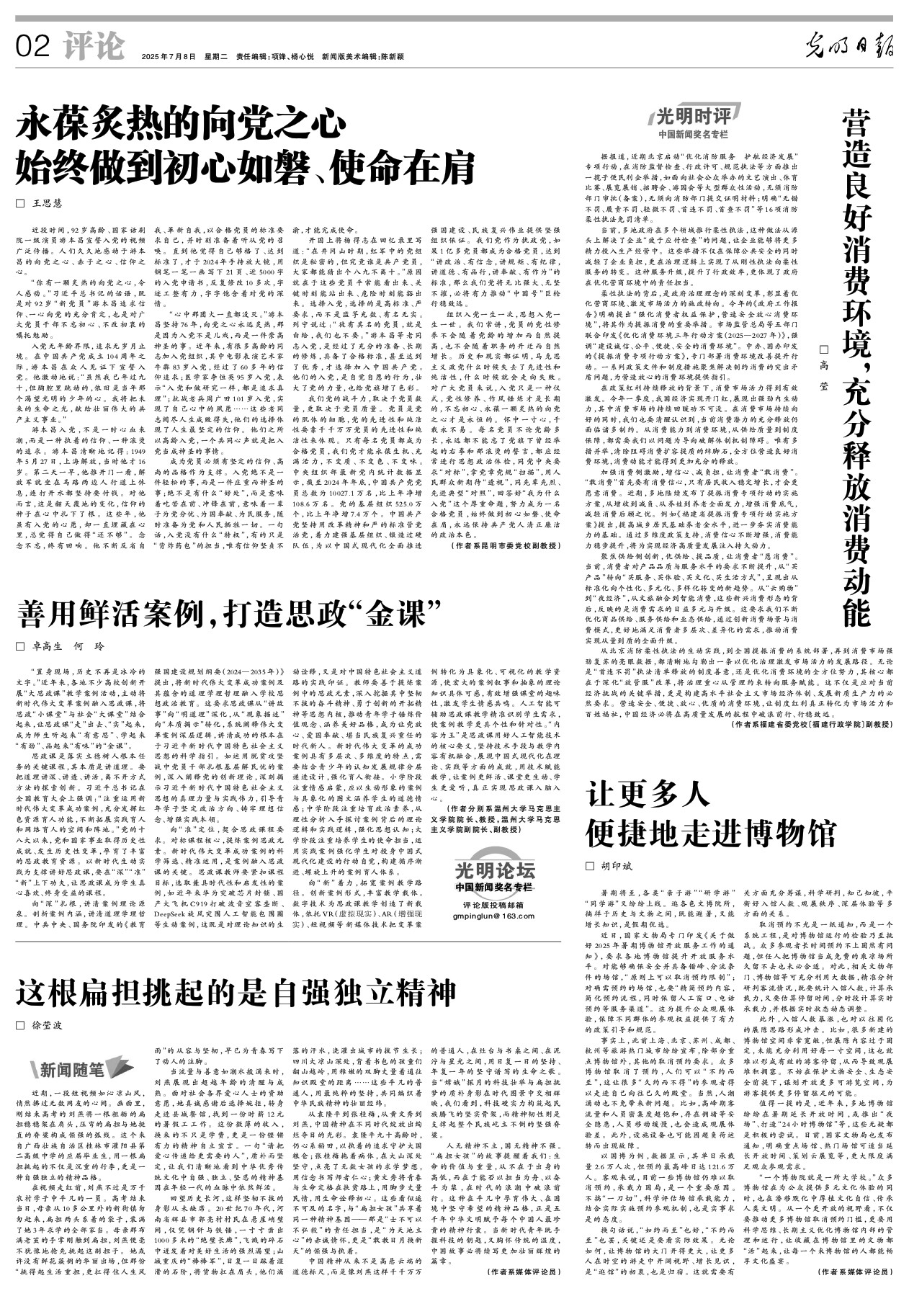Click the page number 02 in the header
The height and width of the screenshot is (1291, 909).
pyautogui.click(x=33, y=48)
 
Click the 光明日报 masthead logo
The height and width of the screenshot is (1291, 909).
pyautogui.click(x=849, y=48)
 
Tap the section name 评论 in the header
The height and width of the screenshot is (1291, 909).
pyautogui.click(x=93, y=47)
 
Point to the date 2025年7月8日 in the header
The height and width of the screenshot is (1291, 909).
pyautogui.click(x=169, y=56)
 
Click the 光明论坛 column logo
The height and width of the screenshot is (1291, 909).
pyautogui.click(x=495, y=868)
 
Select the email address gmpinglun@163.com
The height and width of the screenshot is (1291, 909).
pyautogui.click(x=494, y=916)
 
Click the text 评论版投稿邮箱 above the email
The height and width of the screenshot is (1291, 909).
pyautogui.click(x=494, y=904)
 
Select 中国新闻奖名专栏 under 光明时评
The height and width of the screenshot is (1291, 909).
pyautogui.click(x=692, y=134)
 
